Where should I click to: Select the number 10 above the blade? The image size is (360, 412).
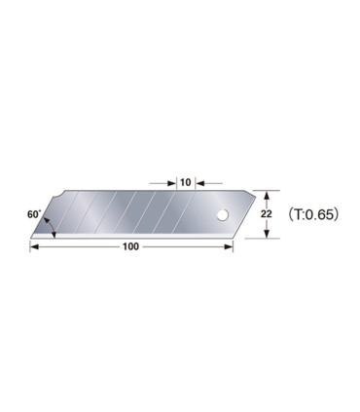[184, 180]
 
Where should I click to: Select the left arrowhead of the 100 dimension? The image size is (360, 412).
[36, 245]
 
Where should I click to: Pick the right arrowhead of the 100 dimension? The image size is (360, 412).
[230, 245]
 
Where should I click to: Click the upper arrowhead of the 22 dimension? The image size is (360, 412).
[269, 195]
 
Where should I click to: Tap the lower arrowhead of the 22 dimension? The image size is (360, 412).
[269, 233]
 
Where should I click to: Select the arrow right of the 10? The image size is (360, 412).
[200, 180]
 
